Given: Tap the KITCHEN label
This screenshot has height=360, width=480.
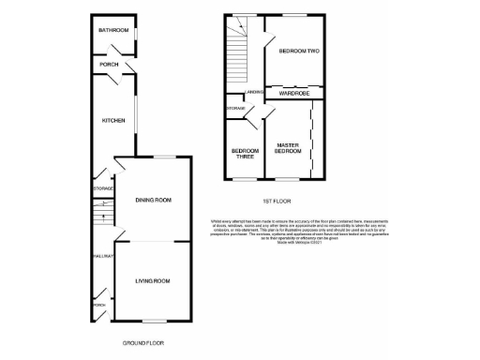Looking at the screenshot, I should (x=113, y=120).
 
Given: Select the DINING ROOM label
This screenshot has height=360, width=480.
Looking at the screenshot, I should (x=153, y=200).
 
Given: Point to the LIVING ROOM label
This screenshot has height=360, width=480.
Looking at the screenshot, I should (x=153, y=280).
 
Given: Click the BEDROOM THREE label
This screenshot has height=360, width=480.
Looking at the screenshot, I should (x=246, y=154).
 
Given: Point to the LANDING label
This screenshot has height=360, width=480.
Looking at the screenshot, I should (x=252, y=92).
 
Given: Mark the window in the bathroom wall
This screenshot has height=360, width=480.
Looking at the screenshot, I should (x=137, y=36).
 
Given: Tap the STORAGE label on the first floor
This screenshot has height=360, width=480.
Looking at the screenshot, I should (x=235, y=110).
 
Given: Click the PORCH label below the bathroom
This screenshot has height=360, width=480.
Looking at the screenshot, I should (x=109, y=65).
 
